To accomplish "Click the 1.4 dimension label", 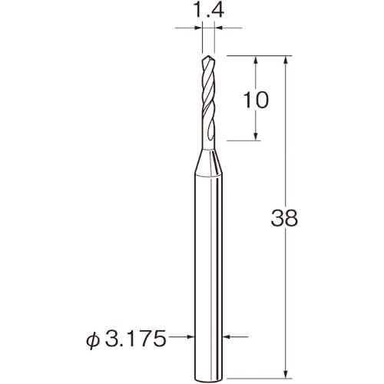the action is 207,10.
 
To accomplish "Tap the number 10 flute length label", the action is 256,100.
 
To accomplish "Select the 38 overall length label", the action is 284,218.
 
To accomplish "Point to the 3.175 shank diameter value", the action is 135,339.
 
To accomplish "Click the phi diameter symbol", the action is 93,339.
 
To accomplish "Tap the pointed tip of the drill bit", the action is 209,56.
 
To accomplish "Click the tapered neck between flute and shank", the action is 208,162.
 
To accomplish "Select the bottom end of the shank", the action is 208,378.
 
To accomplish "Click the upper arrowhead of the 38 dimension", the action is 286,60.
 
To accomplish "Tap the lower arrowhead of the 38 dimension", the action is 286,373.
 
